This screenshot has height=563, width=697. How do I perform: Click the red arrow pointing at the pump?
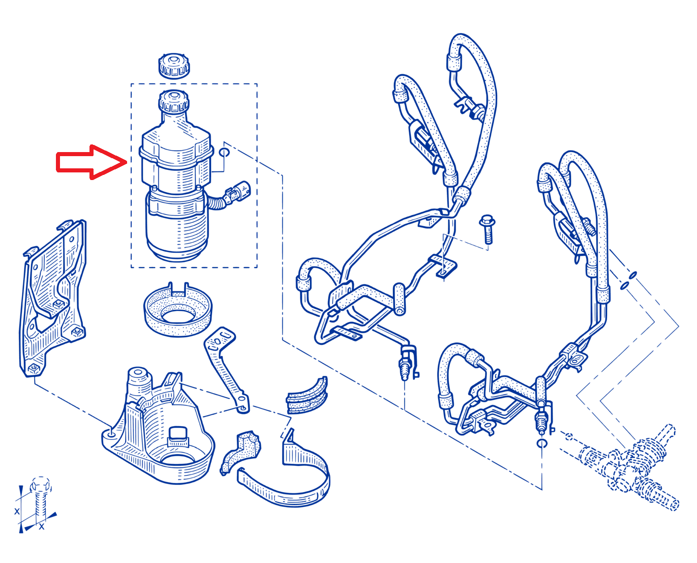(91, 162)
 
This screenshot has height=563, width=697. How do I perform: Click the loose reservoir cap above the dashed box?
(174, 66)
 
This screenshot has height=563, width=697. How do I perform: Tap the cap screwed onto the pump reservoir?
(174, 102)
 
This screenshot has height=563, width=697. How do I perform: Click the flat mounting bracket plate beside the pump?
(52, 298)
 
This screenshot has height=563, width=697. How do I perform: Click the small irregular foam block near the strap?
(241, 452)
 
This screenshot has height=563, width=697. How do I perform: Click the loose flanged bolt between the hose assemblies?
(487, 229)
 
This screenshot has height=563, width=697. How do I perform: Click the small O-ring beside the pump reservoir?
(224, 152)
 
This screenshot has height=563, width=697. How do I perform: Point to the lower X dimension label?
(42, 527)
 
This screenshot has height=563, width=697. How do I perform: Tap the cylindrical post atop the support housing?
(140, 380)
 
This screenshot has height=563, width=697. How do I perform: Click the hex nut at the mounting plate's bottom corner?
(34, 369)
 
